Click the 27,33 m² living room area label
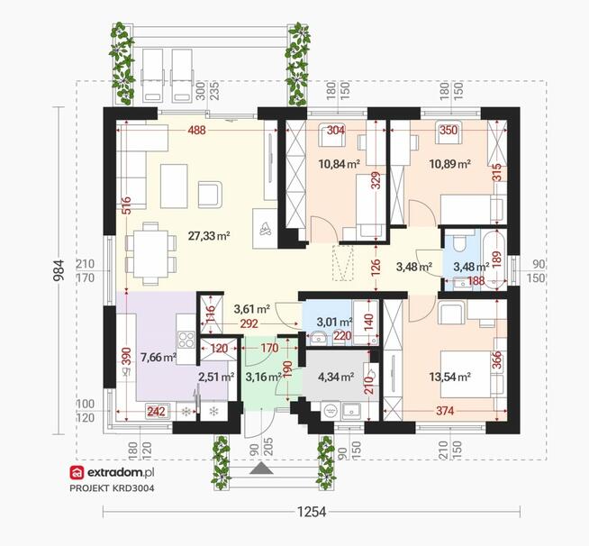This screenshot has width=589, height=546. [x=209, y=236]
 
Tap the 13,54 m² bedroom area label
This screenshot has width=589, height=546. [x=450, y=377]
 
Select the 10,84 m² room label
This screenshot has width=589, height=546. [x=340, y=164]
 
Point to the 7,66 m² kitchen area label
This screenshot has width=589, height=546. [x=159, y=357]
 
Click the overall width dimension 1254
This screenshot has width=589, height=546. [x=312, y=512]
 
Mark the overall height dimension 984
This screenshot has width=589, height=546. [x=59, y=269]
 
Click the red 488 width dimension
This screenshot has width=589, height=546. [x=197, y=130]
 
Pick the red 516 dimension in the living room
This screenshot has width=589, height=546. [x=126, y=205]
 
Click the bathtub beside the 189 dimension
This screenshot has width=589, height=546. [x=494, y=260]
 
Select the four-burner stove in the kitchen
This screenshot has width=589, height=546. [x=186, y=340]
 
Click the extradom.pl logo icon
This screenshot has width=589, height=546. [x=77, y=473]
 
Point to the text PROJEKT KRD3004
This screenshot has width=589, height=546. [x=112, y=488]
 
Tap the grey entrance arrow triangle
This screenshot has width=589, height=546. [x=261, y=469]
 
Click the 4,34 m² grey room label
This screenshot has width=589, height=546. [x=336, y=376]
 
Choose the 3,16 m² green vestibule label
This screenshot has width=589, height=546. [x=263, y=377]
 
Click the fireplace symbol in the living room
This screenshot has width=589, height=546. [x=266, y=229]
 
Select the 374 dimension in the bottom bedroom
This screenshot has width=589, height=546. [x=445, y=411]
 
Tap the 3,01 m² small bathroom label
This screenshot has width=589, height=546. [x=334, y=322]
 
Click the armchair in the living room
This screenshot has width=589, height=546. [x=210, y=195]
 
